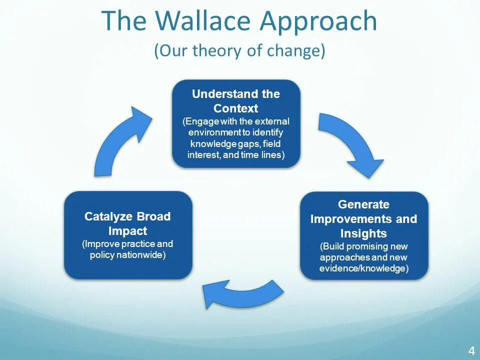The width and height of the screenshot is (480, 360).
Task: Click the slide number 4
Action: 471,350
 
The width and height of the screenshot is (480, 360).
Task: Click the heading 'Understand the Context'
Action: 236,101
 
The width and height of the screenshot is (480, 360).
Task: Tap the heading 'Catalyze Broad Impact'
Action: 127,223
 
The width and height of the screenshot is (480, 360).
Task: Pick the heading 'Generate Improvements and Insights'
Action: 363,219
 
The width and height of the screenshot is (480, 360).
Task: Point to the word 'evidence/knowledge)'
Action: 364,269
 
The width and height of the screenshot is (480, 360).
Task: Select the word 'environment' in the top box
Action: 212,132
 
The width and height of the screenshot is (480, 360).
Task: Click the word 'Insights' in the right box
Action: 363,233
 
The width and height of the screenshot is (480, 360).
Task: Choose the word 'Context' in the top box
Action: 236,108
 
